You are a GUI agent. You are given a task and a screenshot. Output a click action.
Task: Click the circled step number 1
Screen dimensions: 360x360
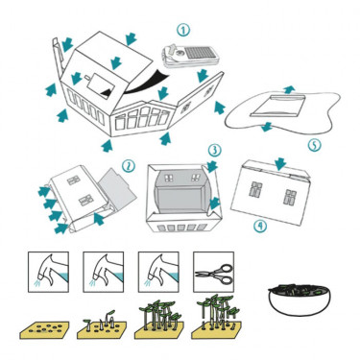[183, 31]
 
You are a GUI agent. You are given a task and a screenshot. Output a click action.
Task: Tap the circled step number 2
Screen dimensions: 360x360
[129, 166]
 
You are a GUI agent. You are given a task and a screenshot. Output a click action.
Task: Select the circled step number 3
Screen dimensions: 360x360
[214, 150]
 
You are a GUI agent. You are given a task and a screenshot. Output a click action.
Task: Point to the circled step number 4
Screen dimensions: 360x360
[260, 227]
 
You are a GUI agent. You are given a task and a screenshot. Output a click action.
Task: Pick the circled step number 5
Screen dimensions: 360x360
[314, 145]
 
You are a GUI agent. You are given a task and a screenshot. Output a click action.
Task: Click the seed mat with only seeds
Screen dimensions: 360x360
[44, 330]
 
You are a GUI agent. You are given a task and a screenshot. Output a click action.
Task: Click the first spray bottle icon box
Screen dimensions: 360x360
[48, 272]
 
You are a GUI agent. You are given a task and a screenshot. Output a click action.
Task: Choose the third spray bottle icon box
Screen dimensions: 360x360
[158, 272]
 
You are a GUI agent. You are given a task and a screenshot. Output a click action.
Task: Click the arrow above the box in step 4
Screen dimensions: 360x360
[280, 164]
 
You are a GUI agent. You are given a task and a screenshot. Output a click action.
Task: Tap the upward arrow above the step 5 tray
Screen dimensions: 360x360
[289, 89]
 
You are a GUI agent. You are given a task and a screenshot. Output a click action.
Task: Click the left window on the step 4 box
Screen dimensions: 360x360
[255, 189]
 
